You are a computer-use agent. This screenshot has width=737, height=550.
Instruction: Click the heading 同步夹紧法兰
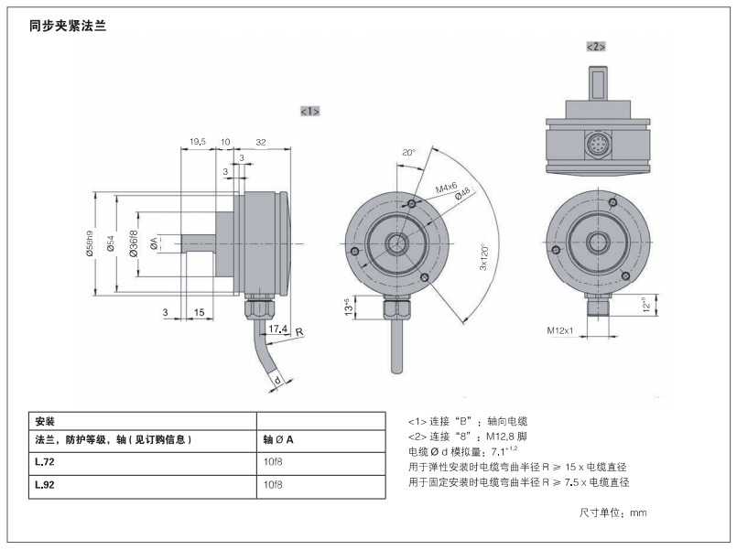68,26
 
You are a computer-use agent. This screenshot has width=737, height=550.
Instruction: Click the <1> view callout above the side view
309,112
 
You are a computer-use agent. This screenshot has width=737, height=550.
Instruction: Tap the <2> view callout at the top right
596,47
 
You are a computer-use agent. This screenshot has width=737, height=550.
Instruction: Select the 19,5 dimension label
198,141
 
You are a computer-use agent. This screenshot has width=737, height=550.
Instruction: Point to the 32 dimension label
261,142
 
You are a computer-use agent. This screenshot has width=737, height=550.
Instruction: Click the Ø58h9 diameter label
90,243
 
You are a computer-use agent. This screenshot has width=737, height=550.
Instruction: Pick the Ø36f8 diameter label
134,243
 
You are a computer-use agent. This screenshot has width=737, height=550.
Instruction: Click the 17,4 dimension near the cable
277,329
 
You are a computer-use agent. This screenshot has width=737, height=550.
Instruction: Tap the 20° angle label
408,153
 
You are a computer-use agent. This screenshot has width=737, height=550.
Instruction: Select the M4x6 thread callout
446,188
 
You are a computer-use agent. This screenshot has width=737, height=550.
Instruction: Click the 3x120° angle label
484,257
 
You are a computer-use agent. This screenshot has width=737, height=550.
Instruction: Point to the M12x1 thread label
559,330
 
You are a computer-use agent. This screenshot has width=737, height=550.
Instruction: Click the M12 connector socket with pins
598,145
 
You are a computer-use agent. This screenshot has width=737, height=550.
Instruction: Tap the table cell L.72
45,462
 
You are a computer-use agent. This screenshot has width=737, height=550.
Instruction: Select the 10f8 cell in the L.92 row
273,485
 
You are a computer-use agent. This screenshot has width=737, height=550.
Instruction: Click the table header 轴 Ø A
278,439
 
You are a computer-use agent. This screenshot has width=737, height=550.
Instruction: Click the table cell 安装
45,421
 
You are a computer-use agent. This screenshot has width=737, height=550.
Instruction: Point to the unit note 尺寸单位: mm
612,512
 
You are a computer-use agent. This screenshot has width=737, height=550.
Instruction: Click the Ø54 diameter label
111,243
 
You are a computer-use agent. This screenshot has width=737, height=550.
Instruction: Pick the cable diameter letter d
277,380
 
